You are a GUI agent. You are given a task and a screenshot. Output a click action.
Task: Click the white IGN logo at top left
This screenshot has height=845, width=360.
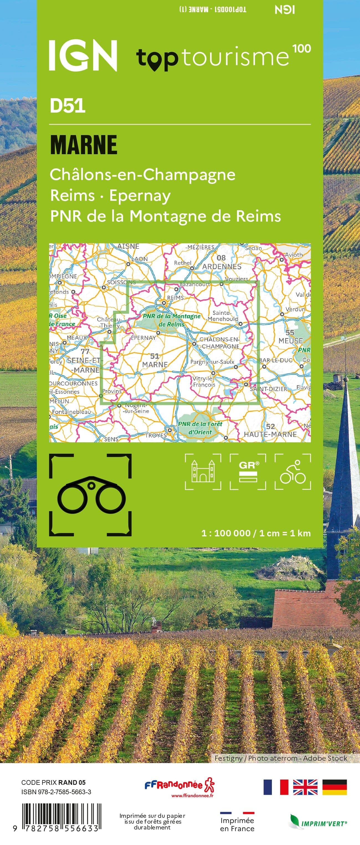(83, 55)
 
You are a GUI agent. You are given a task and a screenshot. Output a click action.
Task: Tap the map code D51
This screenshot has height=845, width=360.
(68, 106)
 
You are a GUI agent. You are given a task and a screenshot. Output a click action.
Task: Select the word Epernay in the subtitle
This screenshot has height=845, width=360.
(140, 196)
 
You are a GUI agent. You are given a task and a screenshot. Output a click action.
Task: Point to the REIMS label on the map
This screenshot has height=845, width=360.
(175, 298)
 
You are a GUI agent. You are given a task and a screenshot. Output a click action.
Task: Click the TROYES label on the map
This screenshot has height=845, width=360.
(156, 435)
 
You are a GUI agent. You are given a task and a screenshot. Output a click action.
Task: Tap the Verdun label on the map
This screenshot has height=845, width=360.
(295, 309)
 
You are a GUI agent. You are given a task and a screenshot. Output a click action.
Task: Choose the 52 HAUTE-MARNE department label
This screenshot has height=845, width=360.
(270, 430)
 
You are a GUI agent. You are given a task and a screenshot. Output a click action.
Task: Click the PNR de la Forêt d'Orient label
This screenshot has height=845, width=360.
(200, 428)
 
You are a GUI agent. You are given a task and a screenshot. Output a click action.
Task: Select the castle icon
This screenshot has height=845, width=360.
(203, 471)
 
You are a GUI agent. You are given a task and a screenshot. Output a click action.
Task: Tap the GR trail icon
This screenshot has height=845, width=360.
(248, 471)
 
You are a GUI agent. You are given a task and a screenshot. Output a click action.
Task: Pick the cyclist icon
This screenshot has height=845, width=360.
(293, 471)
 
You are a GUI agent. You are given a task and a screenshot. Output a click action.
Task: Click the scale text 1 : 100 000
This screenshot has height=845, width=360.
(226, 533)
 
